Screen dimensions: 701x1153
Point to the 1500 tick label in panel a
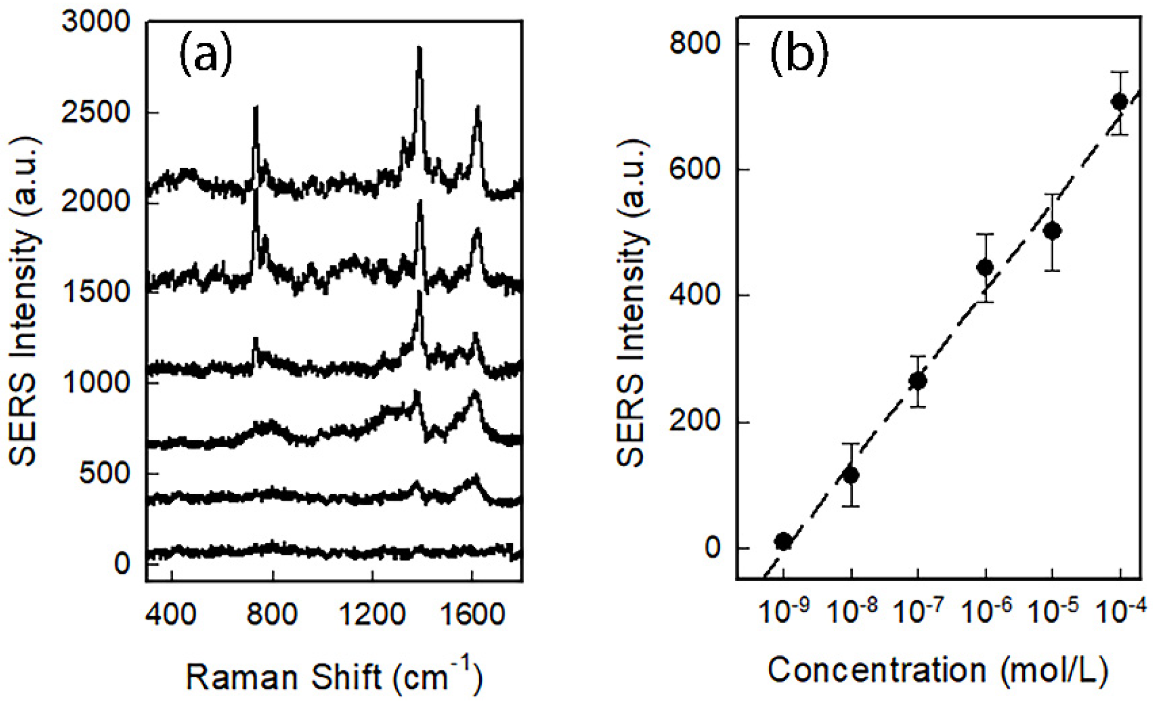(x=96, y=292)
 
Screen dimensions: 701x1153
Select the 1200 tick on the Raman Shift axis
(x=372, y=615)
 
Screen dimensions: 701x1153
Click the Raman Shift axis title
(x=334, y=676)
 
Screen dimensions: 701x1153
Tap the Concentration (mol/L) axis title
(x=937, y=670)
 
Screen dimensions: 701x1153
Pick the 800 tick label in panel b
(x=694, y=43)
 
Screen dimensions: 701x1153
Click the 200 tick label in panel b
(x=694, y=422)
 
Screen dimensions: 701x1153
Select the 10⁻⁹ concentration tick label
(x=784, y=612)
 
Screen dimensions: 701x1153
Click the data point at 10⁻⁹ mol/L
(x=784, y=541)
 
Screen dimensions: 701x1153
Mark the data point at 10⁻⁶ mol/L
(x=985, y=267)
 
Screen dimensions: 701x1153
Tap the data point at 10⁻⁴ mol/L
(x=1119, y=102)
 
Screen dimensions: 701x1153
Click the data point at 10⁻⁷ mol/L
(x=918, y=381)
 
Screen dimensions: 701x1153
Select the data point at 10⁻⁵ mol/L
(x=1052, y=231)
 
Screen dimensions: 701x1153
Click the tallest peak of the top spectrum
(x=420, y=49)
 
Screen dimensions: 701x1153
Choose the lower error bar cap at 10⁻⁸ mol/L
(x=851, y=506)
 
